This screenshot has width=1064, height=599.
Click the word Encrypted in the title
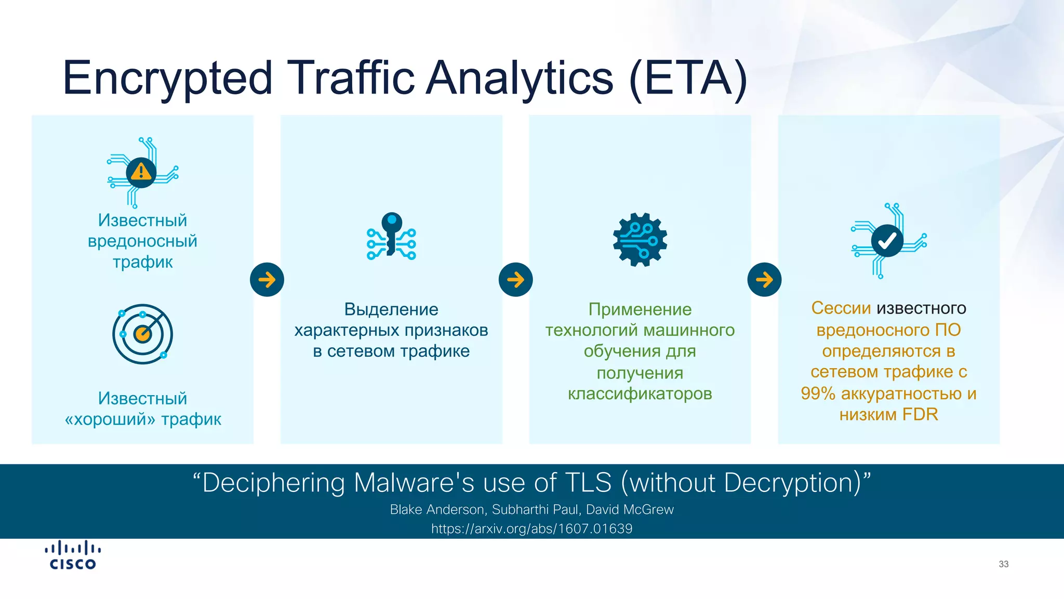pos(167,78)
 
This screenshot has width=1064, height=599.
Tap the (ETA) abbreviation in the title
pos(688,78)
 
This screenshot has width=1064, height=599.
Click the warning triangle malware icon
pos(141,172)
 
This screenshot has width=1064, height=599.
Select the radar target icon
pos(142,334)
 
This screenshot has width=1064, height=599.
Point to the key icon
pos(391,236)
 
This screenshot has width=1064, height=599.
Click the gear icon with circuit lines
pos(640,240)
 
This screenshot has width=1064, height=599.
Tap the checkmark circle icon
pos(887,241)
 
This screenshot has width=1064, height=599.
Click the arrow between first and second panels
pos(267,280)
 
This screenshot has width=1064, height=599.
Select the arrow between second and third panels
pos(515,280)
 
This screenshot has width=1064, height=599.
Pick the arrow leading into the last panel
pos(764,280)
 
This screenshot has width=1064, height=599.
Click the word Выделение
pos(391,309)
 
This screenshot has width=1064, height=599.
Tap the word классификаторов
pos(640,394)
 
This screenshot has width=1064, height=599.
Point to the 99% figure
pos(818,394)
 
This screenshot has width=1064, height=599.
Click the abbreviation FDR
pos(920,414)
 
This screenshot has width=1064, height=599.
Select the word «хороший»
pos(110,419)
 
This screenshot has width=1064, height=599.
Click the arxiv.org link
pos(531,529)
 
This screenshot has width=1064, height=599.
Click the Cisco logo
pos(73,556)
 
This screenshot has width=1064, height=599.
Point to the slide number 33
pos(1003,564)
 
